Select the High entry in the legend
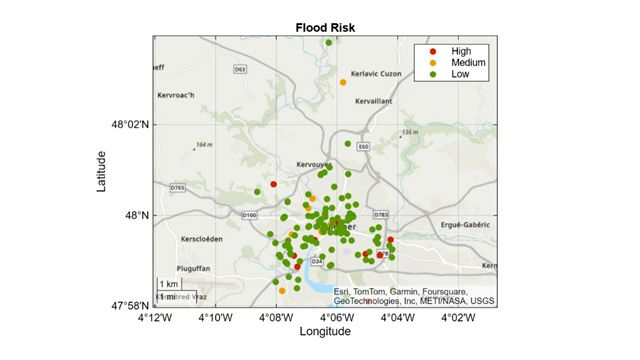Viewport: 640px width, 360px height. (x=460, y=50)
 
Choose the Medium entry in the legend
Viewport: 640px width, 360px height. (x=467, y=62)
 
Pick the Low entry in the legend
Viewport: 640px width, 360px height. (x=460, y=74)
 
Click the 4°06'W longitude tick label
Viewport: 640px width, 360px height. (x=336, y=319)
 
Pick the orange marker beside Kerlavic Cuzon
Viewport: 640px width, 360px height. (x=343, y=82)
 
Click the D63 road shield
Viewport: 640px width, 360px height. (x=239, y=69)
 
